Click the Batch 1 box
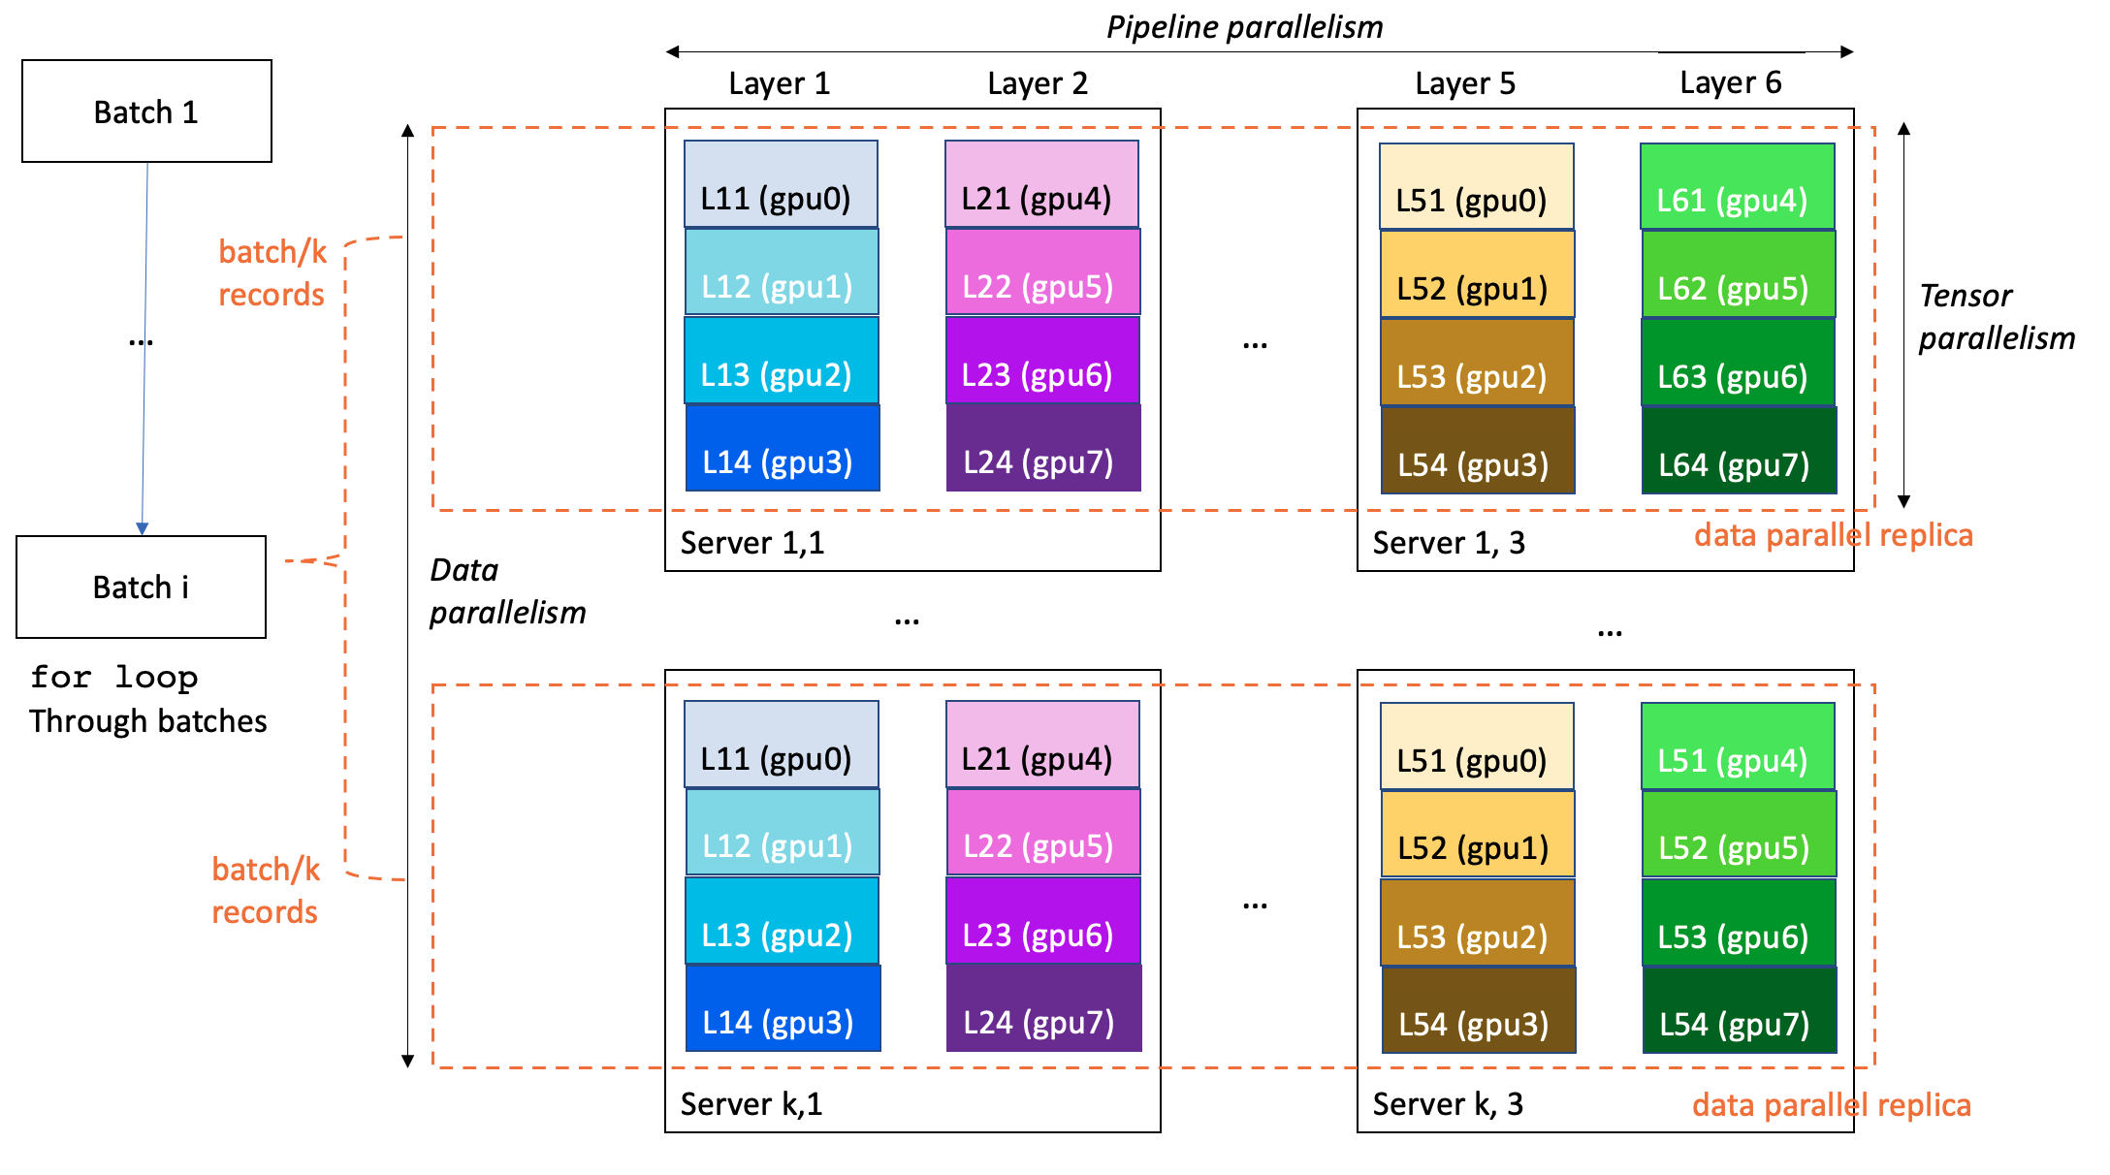point(146,111)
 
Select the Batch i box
point(141,587)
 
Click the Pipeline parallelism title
point(1244,27)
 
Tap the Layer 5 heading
point(1464,83)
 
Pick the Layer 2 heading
point(1037,83)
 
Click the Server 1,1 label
point(751,543)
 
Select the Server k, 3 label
point(1447,1104)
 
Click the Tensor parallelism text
point(1996,317)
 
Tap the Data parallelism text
point(506,590)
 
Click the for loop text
point(113,677)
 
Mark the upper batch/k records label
point(272,272)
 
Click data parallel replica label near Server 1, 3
point(1832,535)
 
